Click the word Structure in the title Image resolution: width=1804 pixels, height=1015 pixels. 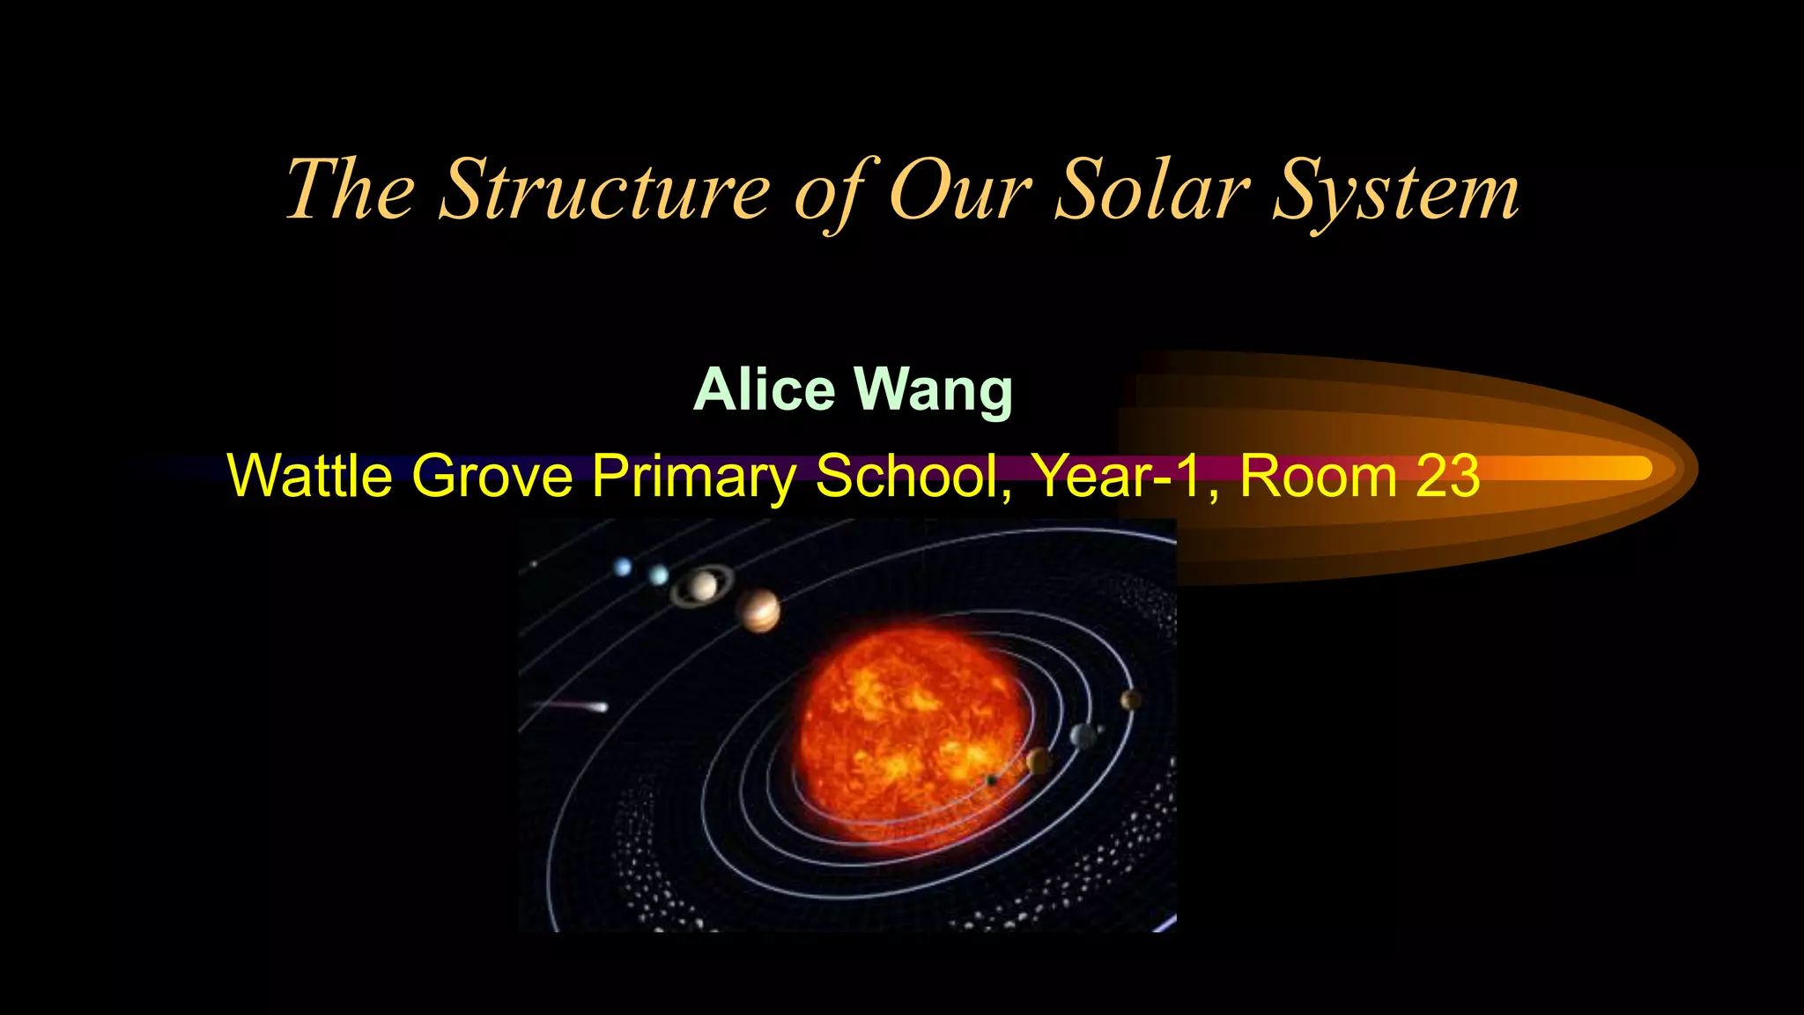point(605,191)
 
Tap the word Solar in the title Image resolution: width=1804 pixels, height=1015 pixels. point(1151,191)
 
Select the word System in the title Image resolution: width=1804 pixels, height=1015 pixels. point(1396,191)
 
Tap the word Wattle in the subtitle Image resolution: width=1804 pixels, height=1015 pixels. point(310,476)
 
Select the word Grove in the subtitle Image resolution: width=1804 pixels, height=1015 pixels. point(492,476)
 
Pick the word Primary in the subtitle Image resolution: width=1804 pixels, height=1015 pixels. point(694,476)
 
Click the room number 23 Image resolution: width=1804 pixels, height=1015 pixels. point(1447,476)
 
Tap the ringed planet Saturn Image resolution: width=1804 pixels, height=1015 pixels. point(702,586)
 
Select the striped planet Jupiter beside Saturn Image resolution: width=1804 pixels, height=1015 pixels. point(758,611)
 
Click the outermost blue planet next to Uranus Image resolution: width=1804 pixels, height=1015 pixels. point(623,567)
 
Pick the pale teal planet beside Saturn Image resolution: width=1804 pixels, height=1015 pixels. point(659,575)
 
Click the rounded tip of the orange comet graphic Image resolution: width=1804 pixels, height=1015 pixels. point(1678,468)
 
